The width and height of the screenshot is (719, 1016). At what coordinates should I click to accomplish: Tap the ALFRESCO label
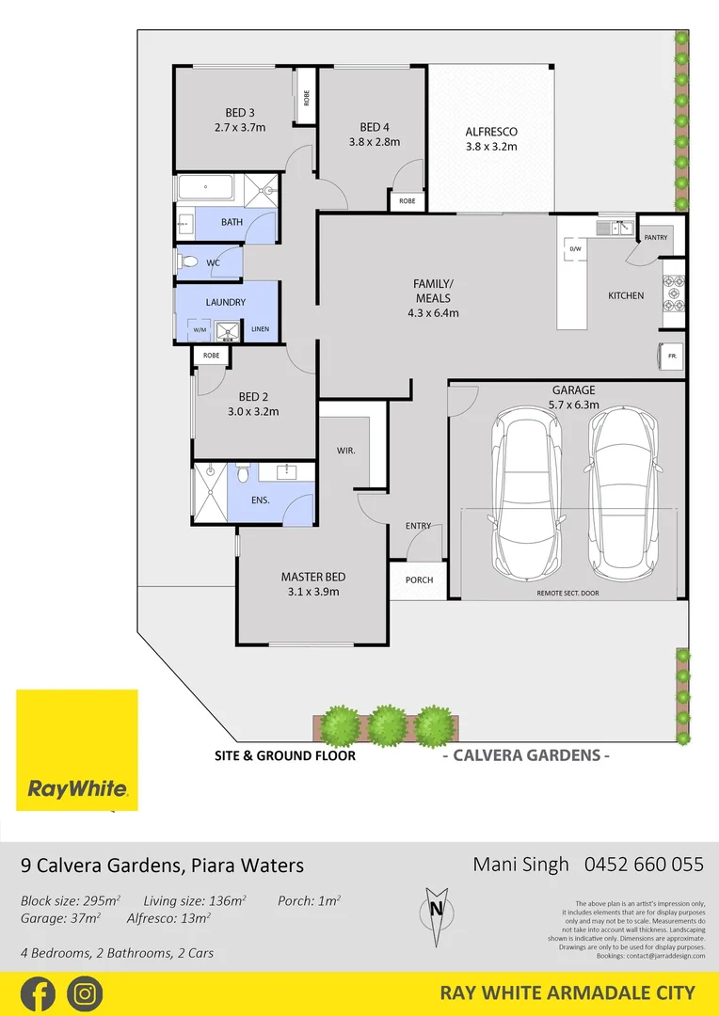[x=491, y=132]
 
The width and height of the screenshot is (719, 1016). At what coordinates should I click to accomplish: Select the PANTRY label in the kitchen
[x=656, y=238]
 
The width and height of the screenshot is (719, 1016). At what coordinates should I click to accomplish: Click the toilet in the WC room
[x=187, y=262]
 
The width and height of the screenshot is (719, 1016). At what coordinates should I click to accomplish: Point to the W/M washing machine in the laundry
[x=200, y=330]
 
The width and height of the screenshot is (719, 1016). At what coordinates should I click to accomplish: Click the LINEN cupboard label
[x=260, y=329]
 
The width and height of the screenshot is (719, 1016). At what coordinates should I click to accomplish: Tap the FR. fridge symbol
[x=673, y=357]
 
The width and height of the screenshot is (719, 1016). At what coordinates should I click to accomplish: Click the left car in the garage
[x=521, y=495]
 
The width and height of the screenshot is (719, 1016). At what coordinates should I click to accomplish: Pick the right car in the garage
[x=622, y=495]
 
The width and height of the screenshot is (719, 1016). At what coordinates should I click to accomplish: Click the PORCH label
[x=419, y=579]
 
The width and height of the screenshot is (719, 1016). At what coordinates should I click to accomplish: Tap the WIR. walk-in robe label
[x=345, y=452]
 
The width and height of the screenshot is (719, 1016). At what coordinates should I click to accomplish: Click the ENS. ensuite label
[x=261, y=500]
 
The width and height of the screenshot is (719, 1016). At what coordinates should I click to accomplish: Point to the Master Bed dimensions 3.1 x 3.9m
[x=312, y=592]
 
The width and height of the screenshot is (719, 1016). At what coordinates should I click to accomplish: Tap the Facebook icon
[x=39, y=993]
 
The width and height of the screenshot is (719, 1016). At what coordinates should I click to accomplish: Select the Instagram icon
[x=85, y=993]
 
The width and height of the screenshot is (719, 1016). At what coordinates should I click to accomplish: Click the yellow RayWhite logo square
[x=77, y=750]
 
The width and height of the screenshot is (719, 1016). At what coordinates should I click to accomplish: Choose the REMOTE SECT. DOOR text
[x=567, y=594]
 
